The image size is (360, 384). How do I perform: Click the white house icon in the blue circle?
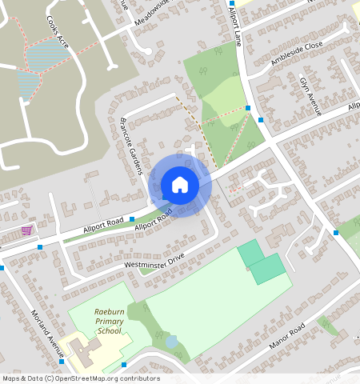click(x=180, y=185)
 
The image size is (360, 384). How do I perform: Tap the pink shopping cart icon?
click(x=27, y=230)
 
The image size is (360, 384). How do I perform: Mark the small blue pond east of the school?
click(x=171, y=342)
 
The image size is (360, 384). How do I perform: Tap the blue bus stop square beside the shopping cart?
click(x=39, y=246)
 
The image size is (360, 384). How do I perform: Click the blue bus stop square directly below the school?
click(x=125, y=365)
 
